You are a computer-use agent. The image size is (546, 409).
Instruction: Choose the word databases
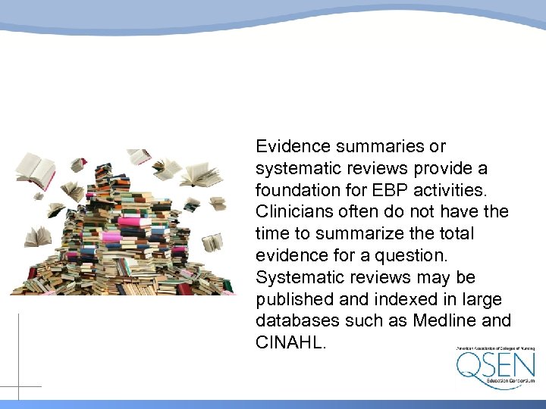click(x=299, y=320)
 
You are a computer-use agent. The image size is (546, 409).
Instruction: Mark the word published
click(x=298, y=298)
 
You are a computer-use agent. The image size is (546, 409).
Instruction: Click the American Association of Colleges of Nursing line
click(x=494, y=348)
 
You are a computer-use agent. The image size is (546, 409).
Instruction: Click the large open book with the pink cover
click(x=36, y=170)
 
